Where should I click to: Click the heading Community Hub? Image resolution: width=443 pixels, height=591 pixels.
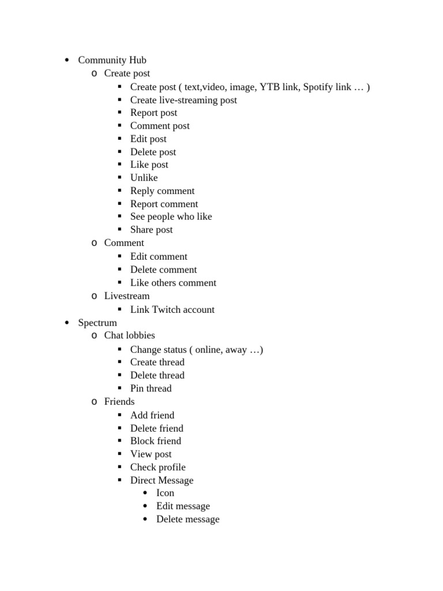tap(112, 60)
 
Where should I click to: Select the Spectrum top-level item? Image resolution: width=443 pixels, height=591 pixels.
tap(97, 323)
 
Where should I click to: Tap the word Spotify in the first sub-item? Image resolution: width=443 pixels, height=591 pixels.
tap(319, 87)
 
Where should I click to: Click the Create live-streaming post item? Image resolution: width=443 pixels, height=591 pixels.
tap(183, 100)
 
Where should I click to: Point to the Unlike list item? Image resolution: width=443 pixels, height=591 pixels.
tap(144, 178)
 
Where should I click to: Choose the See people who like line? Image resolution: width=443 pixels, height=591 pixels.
tap(171, 216)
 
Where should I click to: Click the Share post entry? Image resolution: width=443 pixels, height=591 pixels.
tap(151, 230)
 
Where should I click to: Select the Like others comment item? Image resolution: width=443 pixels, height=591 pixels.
tap(173, 283)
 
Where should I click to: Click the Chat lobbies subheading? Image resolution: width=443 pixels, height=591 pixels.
tap(129, 335)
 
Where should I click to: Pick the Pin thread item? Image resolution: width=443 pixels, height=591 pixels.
tap(151, 388)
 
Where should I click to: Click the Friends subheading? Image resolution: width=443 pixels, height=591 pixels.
tap(119, 402)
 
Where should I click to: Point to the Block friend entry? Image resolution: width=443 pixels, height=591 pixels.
tap(155, 441)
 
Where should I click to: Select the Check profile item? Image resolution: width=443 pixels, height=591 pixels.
tap(157, 467)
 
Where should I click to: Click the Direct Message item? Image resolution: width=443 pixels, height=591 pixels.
tap(162, 480)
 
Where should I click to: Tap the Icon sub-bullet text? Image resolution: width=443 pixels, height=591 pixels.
tap(165, 493)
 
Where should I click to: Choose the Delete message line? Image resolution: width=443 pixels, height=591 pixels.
tap(187, 519)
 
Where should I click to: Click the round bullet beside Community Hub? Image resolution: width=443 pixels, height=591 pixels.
tap(67, 61)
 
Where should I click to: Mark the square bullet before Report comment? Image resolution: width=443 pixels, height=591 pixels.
tap(119, 204)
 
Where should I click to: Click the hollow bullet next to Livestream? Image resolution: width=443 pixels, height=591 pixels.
tap(94, 297)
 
